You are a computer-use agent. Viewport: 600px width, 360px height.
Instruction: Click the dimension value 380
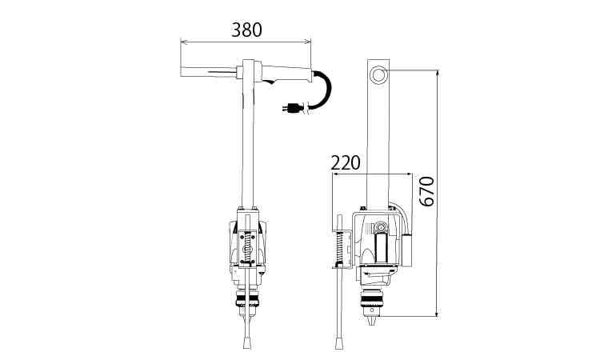[x=247, y=30]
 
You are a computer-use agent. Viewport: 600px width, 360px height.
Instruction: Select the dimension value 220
[x=346, y=162]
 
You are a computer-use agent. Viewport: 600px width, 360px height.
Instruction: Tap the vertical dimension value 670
[x=426, y=191]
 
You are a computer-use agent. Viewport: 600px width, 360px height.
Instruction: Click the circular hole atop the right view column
[x=379, y=74]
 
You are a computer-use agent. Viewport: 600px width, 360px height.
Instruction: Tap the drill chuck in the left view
[x=247, y=299]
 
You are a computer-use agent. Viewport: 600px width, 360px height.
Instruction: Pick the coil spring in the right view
[x=339, y=247]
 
